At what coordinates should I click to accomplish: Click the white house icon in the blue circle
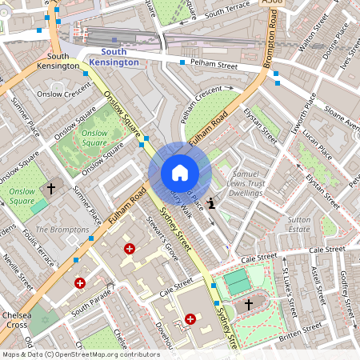(180, 173)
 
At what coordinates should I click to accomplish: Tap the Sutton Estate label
(298, 222)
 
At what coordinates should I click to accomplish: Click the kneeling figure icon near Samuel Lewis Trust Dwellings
(211, 203)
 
